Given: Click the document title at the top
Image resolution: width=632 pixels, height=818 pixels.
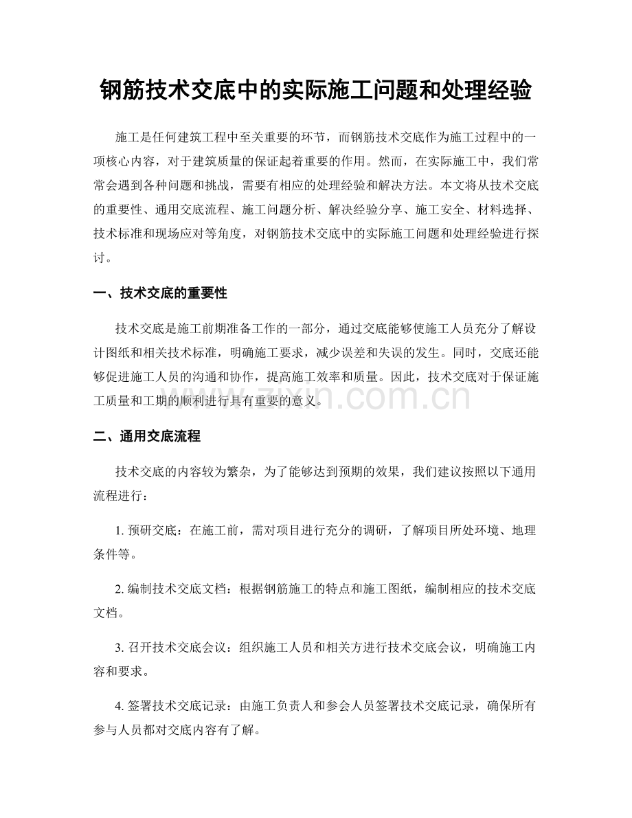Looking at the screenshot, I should tap(315, 89).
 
